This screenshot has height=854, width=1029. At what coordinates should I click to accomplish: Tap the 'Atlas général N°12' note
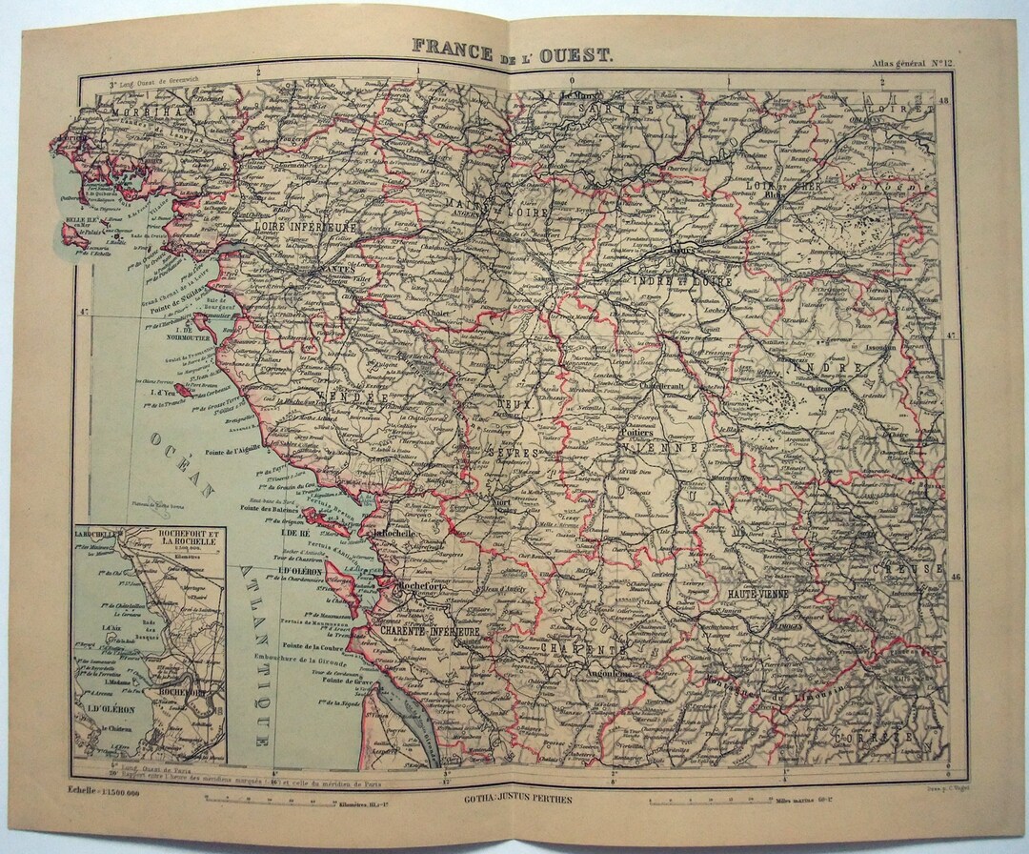point(913,64)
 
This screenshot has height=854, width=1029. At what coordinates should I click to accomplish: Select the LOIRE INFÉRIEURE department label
point(304,228)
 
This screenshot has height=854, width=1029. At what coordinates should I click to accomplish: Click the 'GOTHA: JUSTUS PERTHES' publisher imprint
point(514,798)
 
